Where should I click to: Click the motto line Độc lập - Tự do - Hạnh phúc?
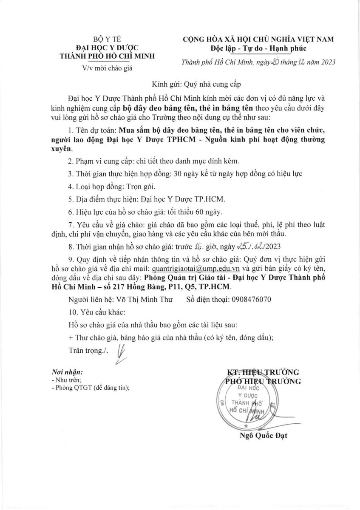coord(258,48)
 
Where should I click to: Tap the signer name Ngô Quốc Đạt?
coord(264,436)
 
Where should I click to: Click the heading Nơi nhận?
coord(64,371)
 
